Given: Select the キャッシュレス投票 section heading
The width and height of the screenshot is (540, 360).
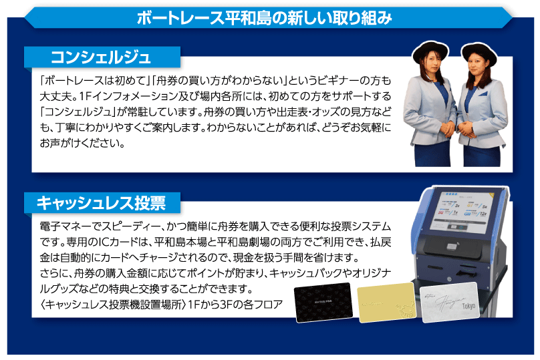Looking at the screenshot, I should coord(100,201).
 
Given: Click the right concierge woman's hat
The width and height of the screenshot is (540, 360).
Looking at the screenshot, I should coord(479,50).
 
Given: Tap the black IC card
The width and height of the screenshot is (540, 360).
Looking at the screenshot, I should coord(323,303).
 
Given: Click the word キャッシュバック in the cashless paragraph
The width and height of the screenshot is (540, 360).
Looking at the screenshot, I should coord(316,274).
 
